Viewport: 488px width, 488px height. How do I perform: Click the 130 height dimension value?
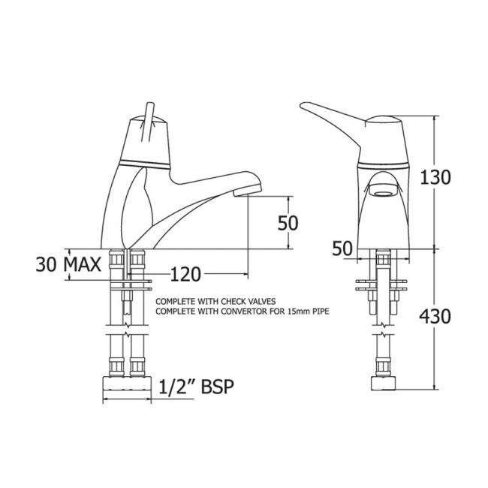435,178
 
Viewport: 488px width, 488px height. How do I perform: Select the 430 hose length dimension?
435,317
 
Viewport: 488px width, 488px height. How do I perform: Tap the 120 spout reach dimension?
185,275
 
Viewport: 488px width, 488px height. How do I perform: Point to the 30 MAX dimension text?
68,265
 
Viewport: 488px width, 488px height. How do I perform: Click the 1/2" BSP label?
196,387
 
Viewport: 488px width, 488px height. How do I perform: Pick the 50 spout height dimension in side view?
288,223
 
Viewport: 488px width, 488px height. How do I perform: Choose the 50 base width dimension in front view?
342,249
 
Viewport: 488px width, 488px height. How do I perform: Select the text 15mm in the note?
293,312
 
